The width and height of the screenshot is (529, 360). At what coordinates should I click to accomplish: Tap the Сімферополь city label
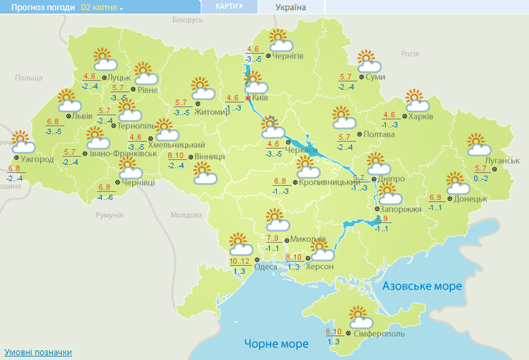[x=380, y=334]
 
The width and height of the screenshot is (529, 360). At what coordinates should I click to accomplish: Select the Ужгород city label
[x=37, y=159]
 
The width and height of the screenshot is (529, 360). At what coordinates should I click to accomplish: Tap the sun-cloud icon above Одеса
[x=240, y=244]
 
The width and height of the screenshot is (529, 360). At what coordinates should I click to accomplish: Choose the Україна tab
[x=290, y=7]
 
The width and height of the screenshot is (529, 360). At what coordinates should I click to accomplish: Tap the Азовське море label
[x=422, y=286]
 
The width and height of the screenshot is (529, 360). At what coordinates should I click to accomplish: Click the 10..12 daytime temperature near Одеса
[x=239, y=261]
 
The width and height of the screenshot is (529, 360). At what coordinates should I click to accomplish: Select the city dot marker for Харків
[x=404, y=115]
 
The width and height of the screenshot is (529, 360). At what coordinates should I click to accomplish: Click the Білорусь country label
[x=188, y=21]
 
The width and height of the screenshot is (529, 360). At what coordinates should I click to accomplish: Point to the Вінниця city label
[x=210, y=156]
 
